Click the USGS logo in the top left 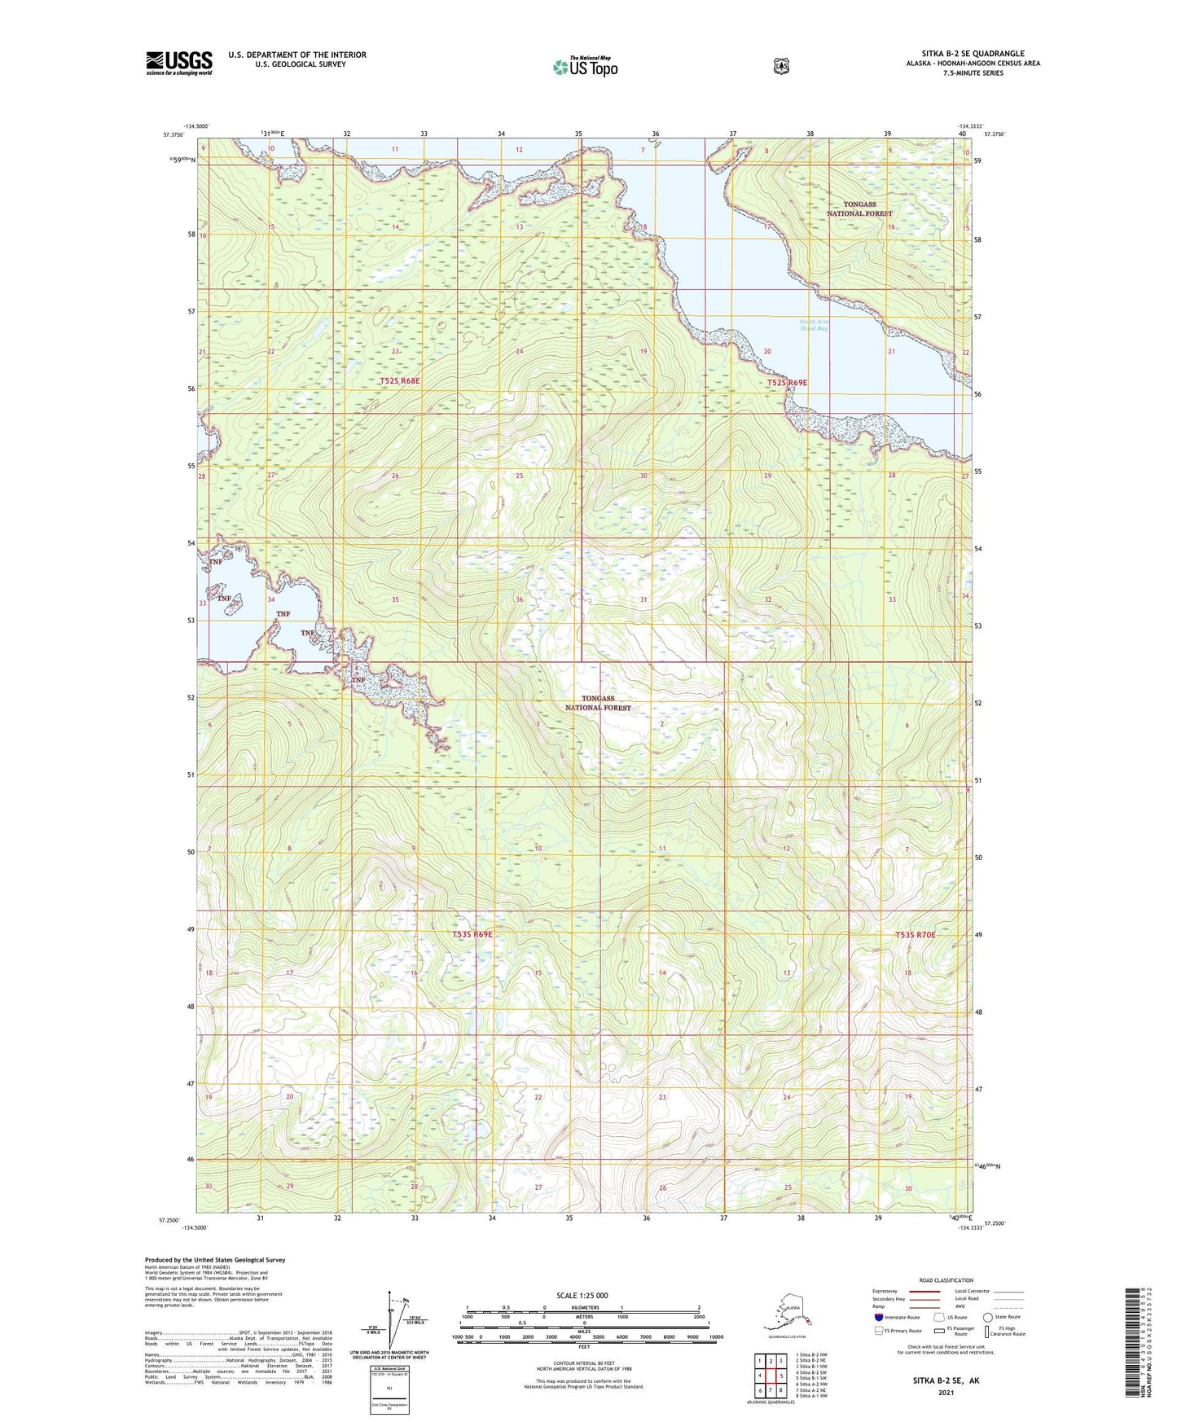pyautogui.click(x=179, y=63)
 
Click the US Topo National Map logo pyautogui.click(x=585, y=66)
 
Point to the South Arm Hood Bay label pyautogui.click(x=814, y=325)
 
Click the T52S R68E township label pyautogui.click(x=399, y=380)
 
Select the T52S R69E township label pyautogui.click(x=787, y=382)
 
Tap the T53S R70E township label pyautogui.click(x=916, y=935)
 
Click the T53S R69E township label pyautogui.click(x=472, y=934)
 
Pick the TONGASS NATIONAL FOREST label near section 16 pyautogui.click(x=859, y=208)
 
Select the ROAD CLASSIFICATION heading pyautogui.click(x=945, y=1280)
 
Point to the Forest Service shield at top pyautogui.click(x=781, y=66)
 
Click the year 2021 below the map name pyautogui.click(x=946, y=1392)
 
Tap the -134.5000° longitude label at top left pyautogui.click(x=196, y=126)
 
